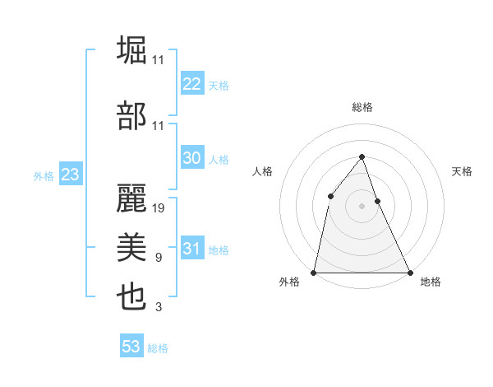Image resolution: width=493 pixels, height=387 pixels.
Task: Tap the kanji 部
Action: tap(132, 117)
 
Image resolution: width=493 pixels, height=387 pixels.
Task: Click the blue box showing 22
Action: tap(191, 83)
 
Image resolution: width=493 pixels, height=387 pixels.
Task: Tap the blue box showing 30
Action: tap(191, 158)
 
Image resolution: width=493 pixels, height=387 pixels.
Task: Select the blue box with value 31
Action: tap(191, 249)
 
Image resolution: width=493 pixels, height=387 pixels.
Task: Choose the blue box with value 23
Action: tap(70, 175)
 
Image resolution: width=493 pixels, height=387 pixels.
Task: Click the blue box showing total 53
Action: tap(131, 347)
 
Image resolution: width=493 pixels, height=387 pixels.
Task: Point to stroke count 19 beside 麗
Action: tap(159, 207)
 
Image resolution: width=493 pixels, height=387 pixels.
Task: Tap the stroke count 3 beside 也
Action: tap(158, 307)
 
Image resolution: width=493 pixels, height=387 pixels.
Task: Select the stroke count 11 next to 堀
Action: tap(159, 59)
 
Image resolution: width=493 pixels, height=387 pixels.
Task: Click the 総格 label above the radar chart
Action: tap(362, 107)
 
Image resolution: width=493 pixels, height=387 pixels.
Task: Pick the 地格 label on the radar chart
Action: tap(431, 282)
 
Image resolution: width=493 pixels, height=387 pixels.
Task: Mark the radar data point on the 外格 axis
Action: tap(314, 272)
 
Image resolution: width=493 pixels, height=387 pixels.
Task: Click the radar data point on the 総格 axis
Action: tap(362, 156)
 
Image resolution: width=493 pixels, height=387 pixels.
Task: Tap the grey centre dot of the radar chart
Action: tap(362, 206)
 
